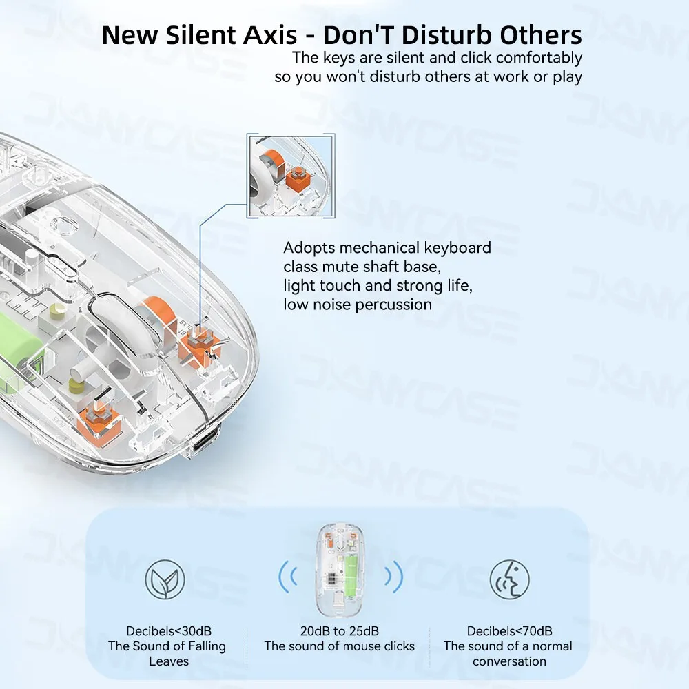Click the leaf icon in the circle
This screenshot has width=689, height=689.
(165, 579)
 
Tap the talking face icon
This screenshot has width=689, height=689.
(509, 579)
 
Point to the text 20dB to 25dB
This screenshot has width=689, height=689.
(339, 630)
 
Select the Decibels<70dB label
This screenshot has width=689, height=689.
(509, 630)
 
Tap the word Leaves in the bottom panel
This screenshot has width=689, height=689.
(168, 661)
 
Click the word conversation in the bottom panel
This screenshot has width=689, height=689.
(509, 661)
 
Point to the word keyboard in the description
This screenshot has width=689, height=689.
(457, 248)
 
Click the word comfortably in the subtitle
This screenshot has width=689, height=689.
(539, 58)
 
